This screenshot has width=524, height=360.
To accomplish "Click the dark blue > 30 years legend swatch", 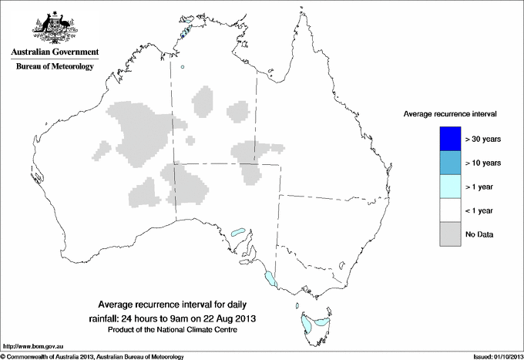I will pyautogui.click(x=449, y=139).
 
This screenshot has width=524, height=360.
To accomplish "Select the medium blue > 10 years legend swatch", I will pyautogui.click(x=449, y=163).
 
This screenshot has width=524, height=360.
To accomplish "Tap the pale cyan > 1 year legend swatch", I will pyautogui.click(x=449, y=187).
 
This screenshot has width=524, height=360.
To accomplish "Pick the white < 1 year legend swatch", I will pyautogui.click(x=449, y=210).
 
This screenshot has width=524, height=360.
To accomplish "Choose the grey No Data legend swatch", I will pyautogui.click(x=449, y=234).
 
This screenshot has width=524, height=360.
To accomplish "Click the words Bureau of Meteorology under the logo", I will pyautogui.click(x=54, y=67).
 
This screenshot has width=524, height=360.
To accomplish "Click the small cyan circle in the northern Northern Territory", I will pyautogui.click(x=183, y=67).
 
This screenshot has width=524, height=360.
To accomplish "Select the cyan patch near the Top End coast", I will pyautogui.click(x=185, y=32).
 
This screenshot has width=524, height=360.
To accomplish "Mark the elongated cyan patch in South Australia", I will pyautogui.click(x=238, y=230).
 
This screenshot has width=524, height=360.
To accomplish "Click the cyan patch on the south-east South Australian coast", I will pyautogui.click(x=270, y=279).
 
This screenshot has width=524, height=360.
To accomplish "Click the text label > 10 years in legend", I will pyautogui.click(x=483, y=163).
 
